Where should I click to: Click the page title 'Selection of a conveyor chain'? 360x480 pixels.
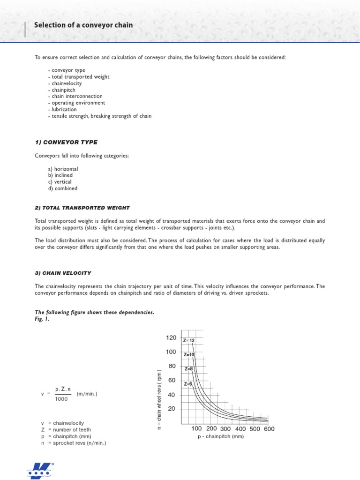[x=83, y=25]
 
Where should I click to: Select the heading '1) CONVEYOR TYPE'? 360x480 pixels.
[x=66, y=142]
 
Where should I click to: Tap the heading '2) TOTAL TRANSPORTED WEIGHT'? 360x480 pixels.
[x=82, y=207]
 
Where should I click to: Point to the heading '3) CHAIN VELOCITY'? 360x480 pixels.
[x=63, y=273]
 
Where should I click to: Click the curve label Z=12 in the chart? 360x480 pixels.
[x=189, y=340]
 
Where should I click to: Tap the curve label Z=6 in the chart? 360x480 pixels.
[x=188, y=384]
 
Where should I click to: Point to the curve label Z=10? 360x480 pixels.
[x=189, y=355]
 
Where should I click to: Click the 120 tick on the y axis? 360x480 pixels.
[x=171, y=338]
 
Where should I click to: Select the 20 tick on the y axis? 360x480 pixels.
[x=172, y=409]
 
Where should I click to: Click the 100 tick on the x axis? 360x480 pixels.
[x=196, y=429]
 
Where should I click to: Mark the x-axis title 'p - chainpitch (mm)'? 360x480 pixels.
[x=220, y=436]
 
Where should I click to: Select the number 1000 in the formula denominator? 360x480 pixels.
[x=61, y=399]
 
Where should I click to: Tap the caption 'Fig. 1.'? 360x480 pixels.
[x=42, y=319]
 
